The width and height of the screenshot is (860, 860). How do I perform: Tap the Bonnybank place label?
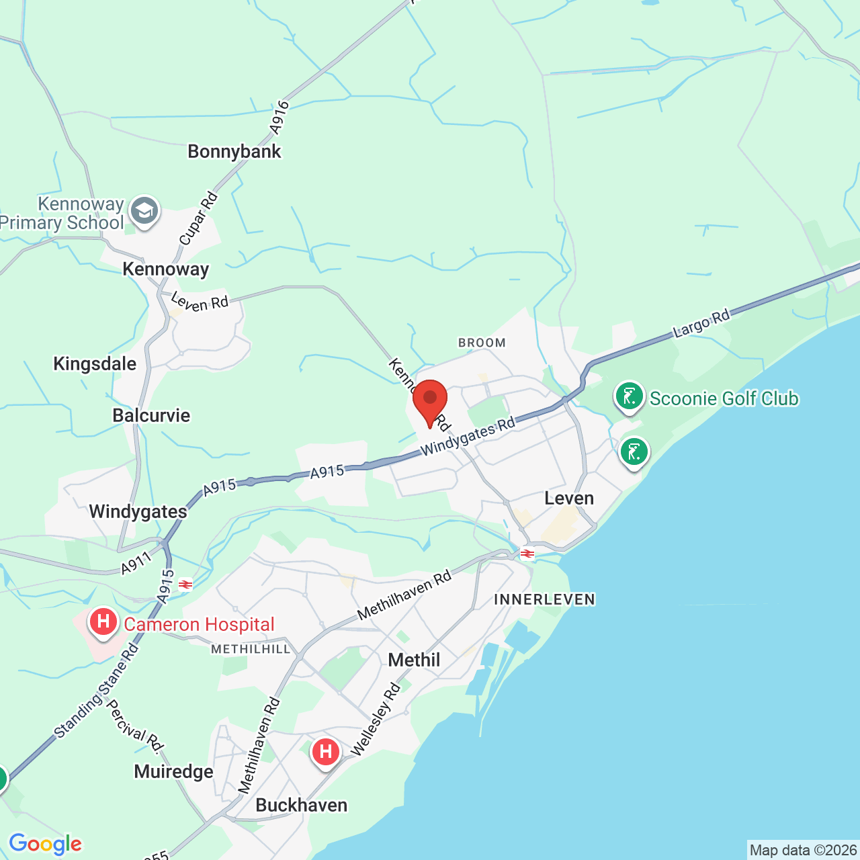click(x=234, y=151)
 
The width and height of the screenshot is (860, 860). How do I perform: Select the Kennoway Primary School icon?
click(x=144, y=212)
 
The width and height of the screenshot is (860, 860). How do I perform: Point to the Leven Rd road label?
click(x=200, y=302)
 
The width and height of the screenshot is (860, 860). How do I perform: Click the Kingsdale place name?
click(x=95, y=363)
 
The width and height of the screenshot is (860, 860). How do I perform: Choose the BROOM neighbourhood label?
click(x=482, y=343)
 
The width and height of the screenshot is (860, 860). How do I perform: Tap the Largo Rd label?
click(x=701, y=324)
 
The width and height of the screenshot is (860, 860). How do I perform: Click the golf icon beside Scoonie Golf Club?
click(x=630, y=396)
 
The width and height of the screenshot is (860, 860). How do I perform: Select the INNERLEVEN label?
click(x=544, y=599)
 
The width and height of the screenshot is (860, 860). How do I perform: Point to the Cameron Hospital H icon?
click(x=103, y=621)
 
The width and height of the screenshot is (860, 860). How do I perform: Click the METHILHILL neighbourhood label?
click(x=251, y=649)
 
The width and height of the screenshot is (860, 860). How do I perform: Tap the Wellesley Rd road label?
click(x=375, y=720)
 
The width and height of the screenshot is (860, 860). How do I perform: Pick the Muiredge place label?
click(x=173, y=771)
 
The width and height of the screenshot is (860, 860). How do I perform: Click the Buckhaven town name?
click(x=302, y=805)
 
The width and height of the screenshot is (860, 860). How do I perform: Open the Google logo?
click(x=45, y=844)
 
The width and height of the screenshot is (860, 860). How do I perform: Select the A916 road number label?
click(x=279, y=116)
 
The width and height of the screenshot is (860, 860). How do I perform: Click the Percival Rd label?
click(x=135, y=726)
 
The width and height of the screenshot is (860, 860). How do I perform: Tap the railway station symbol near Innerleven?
click(x=527, y=554)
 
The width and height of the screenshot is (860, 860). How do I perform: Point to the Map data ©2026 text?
click(x=802, y=850)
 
